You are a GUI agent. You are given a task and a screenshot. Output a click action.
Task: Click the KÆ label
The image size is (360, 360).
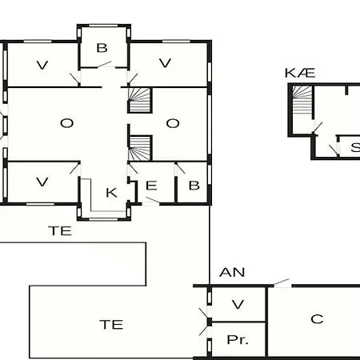(x=300, y=73)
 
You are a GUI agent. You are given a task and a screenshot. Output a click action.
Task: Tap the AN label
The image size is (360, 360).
(x=232, y=272)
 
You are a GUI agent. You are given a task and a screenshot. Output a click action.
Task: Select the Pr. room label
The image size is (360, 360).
(x=238, y=340)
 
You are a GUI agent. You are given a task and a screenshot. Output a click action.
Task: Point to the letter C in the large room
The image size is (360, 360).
(x=317, y=319)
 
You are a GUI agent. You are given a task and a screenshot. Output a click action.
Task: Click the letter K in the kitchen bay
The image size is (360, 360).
(x=111, y=193)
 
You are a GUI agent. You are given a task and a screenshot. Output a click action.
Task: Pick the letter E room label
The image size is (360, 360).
(x=151, y=186)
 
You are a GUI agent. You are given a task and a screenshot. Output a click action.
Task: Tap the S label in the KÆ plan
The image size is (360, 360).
(x=355, y=147)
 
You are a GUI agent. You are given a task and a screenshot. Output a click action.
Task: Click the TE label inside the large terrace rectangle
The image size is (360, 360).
(x=111, y=325)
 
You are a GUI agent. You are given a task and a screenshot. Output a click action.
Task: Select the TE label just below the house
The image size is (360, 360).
(x=60, y=231)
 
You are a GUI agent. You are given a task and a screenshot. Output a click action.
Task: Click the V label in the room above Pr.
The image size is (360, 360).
(x=238, y=304)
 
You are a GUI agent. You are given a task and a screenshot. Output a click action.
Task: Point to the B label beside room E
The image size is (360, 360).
(x=194, y=186)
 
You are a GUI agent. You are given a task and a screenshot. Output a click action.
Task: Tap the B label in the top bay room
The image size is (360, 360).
(x=102, y=48)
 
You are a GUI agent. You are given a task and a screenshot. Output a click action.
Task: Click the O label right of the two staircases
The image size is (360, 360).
(x=173, y=123)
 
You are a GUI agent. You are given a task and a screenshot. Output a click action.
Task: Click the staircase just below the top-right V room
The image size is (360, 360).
(x=140, y=100)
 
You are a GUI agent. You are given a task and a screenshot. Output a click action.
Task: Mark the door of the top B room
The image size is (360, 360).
(x=104, y=64)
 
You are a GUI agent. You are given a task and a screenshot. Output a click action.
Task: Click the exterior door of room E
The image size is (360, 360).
(x=152, y=200)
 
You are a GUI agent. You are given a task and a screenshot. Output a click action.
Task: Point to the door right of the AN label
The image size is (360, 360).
(x=282, y=282)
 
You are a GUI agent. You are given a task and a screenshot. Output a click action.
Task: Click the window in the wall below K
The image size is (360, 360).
(x=104, y=219)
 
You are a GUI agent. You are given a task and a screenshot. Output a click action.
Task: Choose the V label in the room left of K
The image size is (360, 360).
(x=42, y=182)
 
